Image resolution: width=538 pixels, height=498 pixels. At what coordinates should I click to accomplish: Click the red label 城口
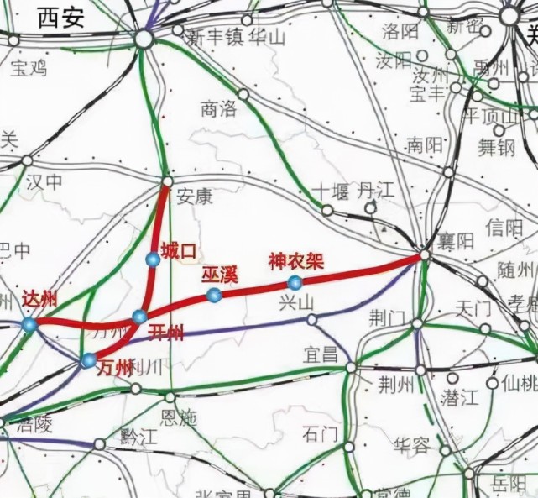[x=178, y=249]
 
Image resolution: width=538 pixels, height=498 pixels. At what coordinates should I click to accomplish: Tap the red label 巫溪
[x=220, y=274]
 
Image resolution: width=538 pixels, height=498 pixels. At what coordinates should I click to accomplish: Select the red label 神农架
[x=295, y=261]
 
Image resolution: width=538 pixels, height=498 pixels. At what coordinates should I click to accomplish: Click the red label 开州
[x=166, y=333]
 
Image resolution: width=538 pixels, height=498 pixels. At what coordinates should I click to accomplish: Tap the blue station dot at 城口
[x=152, y=260]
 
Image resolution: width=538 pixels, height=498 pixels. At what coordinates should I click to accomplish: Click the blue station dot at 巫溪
[x=214, y=294]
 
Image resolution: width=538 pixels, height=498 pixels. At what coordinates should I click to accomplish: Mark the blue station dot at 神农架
[x=294, y=282]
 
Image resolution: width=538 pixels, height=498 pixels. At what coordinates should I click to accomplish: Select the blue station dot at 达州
[x=29, y=324]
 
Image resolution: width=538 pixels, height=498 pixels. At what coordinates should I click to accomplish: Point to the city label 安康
[x=195, y=197]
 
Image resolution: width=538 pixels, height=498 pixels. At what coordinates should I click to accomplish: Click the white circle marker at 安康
[x=166, y=181]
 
